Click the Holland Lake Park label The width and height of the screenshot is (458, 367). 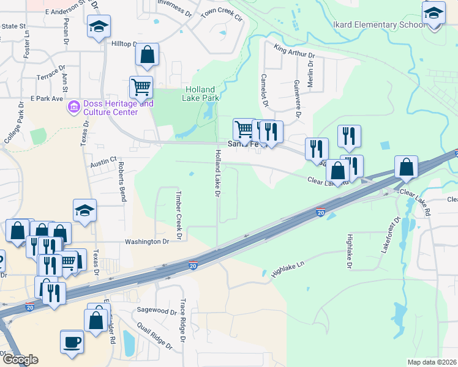pos(202,93)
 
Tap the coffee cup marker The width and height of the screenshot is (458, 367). pos(72,341)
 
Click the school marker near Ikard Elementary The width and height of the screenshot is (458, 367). pos(434,12)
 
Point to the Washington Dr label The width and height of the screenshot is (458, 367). pos(146,242)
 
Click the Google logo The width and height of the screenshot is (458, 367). pos(20,360)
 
